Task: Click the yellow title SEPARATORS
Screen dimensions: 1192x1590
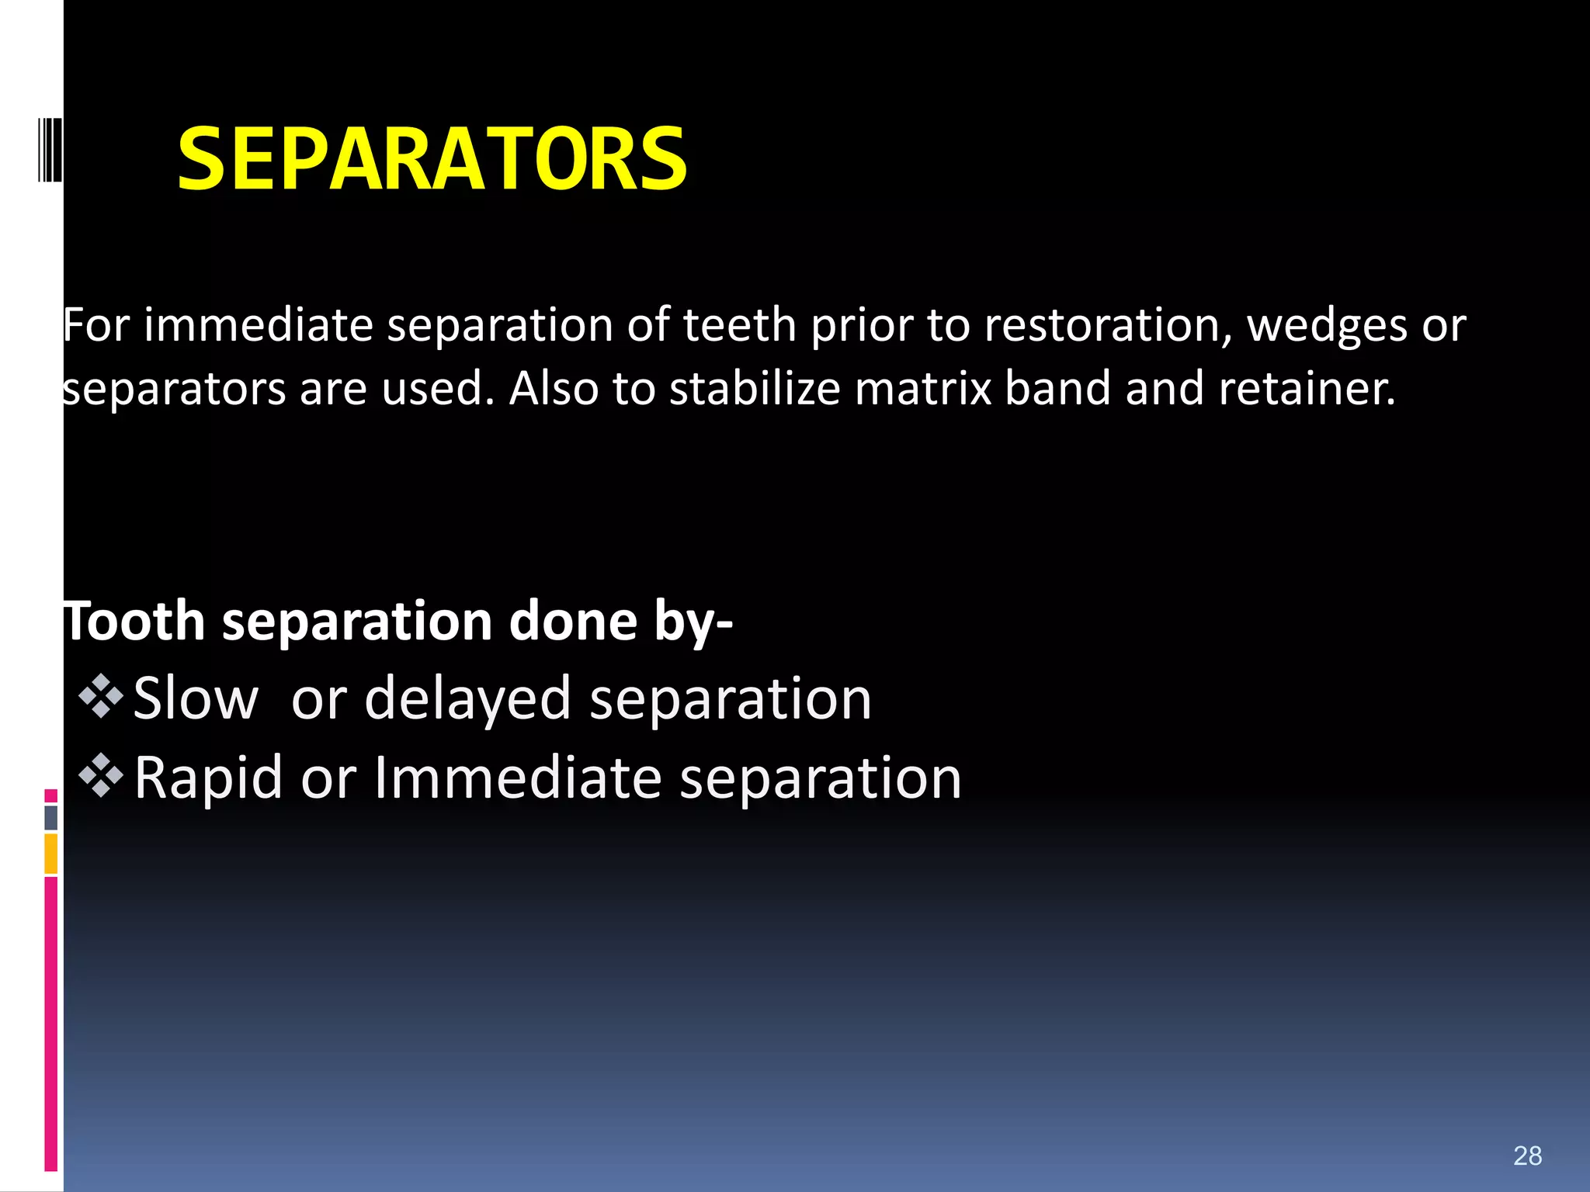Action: [432, 159]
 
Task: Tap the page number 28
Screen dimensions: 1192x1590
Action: [1527, 1156]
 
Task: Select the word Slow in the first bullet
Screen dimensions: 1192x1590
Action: [196, 698]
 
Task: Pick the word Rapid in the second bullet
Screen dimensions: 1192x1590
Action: [208, 778]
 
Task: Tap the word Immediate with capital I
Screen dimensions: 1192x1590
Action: [518, 778]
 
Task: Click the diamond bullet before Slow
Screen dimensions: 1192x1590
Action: [101, 696]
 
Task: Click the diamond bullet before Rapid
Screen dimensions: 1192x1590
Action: [101, 776]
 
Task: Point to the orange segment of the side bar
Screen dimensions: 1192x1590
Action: [50, 854]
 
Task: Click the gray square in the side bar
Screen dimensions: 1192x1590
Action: [50, 817]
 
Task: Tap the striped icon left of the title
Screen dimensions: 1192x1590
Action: [50, 150]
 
